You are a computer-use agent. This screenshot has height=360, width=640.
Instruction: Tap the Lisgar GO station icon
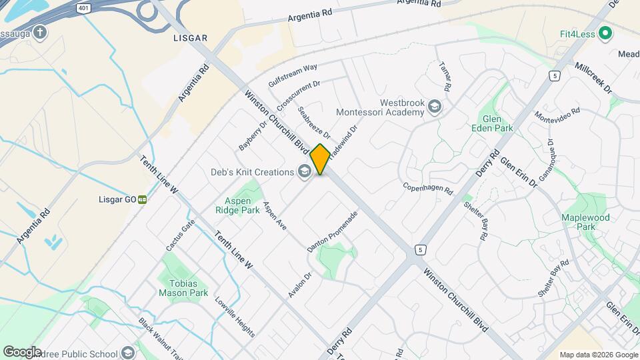143,199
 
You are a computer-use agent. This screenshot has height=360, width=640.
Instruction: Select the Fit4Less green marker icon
605,33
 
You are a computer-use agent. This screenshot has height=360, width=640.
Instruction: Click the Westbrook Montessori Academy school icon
435,107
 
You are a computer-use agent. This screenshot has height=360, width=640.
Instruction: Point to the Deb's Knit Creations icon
304,172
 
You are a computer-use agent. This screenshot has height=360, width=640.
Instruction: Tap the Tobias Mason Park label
183,287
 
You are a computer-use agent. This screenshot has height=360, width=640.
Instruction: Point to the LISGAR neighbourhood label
190,38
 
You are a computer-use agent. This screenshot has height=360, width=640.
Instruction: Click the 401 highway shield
83,9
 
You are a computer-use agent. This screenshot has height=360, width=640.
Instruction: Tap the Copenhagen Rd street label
428,189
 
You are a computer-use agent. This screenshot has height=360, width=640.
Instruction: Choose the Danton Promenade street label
333,231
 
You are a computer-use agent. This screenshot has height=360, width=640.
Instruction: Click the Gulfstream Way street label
293,75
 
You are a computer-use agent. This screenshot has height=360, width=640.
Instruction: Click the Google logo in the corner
22,351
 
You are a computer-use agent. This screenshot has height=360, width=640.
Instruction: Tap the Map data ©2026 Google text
598,355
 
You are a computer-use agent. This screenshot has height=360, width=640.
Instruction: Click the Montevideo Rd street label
558,115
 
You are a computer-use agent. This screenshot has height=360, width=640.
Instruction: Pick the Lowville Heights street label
234,315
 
